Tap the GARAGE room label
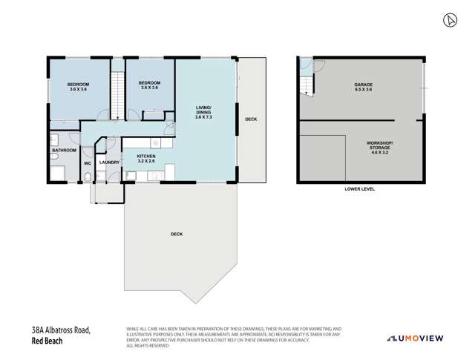[362, 87]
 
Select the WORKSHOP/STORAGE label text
[379, 148]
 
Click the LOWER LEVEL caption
[360, 189]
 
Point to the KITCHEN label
[145, 157]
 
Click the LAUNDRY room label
[109, 162]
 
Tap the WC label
[87, 163]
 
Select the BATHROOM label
[65, 150]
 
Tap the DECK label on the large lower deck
[176, 235]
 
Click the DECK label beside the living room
[251, 119]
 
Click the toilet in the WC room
[88, 177]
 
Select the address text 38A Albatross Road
[62, 331]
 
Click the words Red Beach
[47, 341]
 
